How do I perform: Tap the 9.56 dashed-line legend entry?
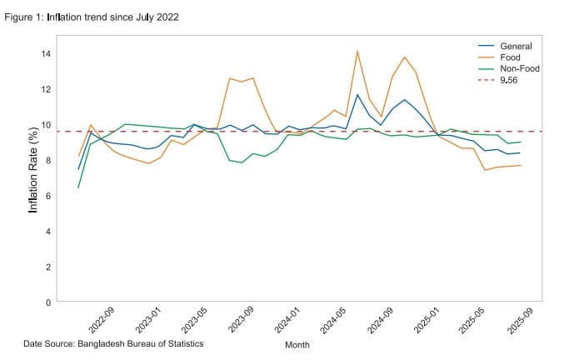pyautogui.click(x=508, y=81)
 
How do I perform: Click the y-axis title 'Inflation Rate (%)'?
pyautogui.click(x=33, y=169)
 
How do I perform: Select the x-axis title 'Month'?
pyautogui.click(x=297, y=344)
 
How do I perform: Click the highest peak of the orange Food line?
pyautogui.click(x=357, y=52)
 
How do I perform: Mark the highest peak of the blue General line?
pyautogui.click(x=357, y=94)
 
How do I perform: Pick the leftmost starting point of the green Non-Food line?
pyautogui.click(x=78, y=187)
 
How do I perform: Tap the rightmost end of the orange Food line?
pyautogui.click(x=521, y=165)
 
